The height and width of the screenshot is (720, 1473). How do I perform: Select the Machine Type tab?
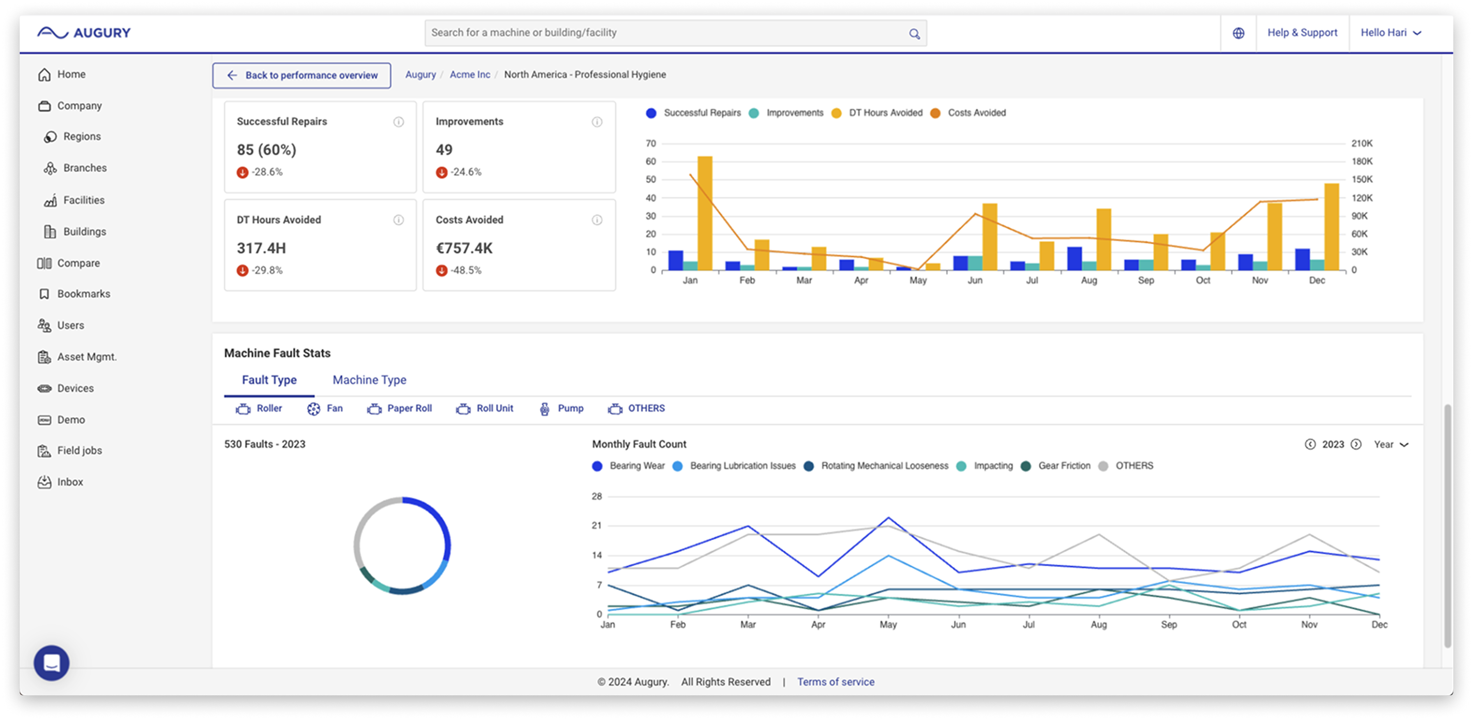pos(369,380)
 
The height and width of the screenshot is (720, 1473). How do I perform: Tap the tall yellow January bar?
pos(704,213)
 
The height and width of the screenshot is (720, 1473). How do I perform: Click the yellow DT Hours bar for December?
pos(1331,227)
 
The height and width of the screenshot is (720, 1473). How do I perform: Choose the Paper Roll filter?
pos(399,408)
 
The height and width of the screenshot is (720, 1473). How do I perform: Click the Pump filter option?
pos(561,408)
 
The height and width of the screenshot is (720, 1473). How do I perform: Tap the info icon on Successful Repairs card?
pos(398,122)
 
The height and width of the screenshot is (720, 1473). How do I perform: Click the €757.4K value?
pos(464,248)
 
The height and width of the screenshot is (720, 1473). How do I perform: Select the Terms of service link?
pos(835,682)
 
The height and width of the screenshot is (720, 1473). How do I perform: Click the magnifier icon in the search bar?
pos(914,34)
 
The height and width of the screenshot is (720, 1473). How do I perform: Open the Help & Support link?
pos(1302,32)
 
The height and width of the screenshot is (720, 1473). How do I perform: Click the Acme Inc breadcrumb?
pos(470,74)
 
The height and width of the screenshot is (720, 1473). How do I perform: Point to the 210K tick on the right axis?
pos(1362,143)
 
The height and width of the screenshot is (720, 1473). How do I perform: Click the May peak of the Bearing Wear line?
pos(888,518)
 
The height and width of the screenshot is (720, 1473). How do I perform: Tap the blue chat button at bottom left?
pos(51,663)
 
